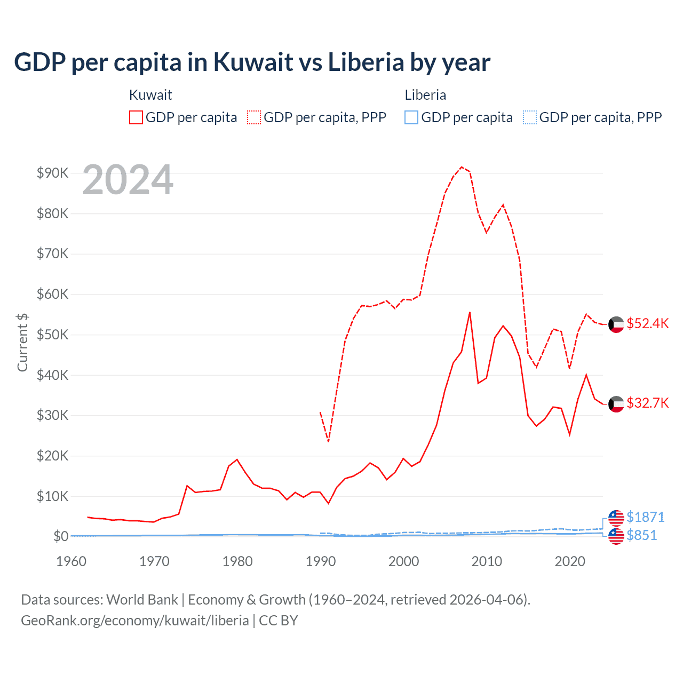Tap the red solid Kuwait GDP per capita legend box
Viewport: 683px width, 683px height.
[x=136, y=117]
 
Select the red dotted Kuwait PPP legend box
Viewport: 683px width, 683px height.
[x=254, y=117]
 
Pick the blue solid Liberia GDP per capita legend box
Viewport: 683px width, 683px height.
[x=411, y=117]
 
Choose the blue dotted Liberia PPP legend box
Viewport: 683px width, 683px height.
[x=530, y=117]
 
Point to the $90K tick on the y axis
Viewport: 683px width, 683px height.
[x=52, y=173]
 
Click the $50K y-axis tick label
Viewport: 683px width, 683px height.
[x=52, y=335]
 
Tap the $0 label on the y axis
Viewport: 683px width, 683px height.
[x=60, y=536]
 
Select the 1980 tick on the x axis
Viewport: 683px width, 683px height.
[x=237, y=561]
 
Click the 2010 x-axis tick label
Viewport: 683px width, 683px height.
[x=487, y=561]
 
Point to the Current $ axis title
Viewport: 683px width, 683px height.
[x=22, y=342]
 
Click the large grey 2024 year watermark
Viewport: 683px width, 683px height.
[x=128, y=180]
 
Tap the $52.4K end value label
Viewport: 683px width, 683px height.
[x=647, y=324]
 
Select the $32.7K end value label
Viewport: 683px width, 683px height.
[x=647, y=403]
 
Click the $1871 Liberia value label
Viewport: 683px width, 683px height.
[x=645, y=517]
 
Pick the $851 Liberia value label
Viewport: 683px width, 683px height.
[x=641, y=535]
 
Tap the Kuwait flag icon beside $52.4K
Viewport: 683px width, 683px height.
[x=616, y=324]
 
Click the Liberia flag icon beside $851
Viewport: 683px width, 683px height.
[x=616, y=536]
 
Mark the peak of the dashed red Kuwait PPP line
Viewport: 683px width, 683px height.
[x=462, y=167]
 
